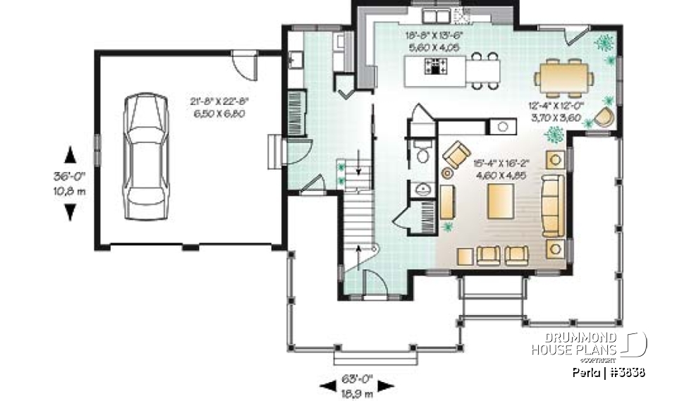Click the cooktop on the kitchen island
435,68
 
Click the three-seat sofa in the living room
552,205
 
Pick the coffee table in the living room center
503,201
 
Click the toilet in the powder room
423,154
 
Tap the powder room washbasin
423,188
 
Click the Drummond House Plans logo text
575,344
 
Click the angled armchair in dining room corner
605,116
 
